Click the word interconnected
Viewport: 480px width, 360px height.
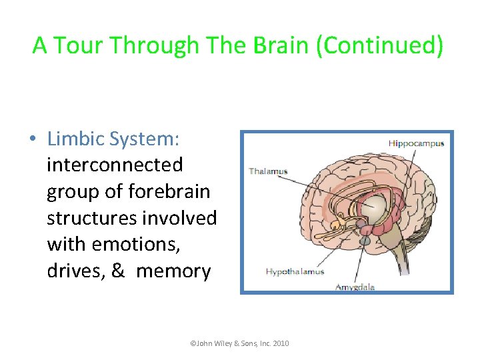[115, 165]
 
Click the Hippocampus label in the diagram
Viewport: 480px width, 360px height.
[416, 143]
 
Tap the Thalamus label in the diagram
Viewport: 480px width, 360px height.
[268, 171]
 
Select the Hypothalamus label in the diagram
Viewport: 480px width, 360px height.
[295, 271]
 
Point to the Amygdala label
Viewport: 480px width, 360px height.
[355, 287]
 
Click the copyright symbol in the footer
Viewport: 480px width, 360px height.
[193, 343]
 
